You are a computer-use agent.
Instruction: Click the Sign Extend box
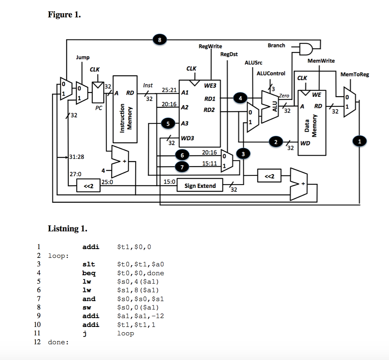tap(200, 186)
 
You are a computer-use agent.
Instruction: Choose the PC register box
tap(99, 93)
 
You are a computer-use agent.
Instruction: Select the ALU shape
tap(270, 106)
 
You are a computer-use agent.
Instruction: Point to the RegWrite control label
tap(210, 46)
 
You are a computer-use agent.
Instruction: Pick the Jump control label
tap(82, 57)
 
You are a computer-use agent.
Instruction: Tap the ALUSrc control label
tap(253, 62)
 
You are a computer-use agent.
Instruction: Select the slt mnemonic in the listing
tap(89, 264)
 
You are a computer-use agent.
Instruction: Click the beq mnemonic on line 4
tap(89, 273)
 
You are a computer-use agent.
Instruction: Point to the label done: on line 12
tap(58, 342)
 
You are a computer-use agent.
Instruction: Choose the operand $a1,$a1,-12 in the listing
tap(141, 316)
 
